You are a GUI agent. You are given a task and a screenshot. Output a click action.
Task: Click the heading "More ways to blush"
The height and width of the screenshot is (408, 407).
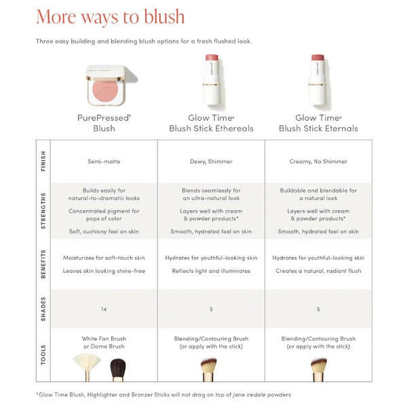click(110, 17)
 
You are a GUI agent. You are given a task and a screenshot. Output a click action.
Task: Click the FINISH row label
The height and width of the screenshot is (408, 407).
click(43, 161)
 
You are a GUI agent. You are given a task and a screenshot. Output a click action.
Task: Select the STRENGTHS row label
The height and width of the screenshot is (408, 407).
click(43, 211)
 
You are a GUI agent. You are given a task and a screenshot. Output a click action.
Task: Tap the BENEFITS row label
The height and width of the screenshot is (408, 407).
click(43, 264)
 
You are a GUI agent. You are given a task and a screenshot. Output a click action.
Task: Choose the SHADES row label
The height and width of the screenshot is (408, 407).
click(43, 309)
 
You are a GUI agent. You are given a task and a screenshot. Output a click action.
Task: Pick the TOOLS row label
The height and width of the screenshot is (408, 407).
click(43, 355)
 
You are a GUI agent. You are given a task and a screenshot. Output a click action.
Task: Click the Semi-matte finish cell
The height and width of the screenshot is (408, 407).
click(104, 161)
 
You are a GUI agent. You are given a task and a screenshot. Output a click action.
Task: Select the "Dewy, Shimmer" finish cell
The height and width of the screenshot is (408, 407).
click(211, 161)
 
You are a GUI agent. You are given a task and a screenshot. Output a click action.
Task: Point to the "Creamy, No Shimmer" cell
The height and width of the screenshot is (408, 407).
click(318, 161)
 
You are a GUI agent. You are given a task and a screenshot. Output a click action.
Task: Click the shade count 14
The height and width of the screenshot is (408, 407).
click(104, 309)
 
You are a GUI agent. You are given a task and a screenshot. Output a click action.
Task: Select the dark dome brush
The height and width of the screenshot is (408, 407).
click(118, 370)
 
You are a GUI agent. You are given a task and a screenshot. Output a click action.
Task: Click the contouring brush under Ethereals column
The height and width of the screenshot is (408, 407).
click(208, 370)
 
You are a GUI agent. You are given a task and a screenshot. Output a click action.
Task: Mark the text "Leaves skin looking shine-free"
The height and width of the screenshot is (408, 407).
click(104, 271)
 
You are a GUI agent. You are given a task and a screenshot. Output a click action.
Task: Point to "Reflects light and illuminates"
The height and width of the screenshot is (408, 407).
click(211, 271)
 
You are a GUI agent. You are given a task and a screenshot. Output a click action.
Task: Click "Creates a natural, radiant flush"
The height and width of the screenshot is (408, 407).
click(318, 271)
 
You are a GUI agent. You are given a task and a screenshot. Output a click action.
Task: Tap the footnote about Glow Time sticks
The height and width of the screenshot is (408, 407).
click(163, 394)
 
